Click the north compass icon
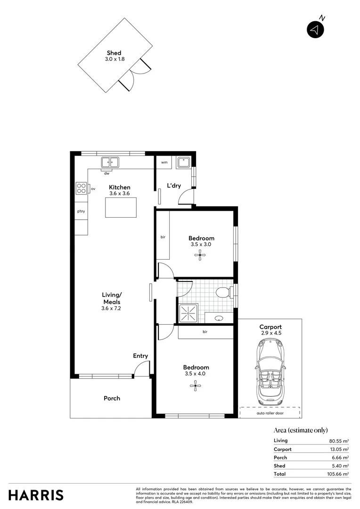coord(316,30)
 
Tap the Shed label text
coord(114,53)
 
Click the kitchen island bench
coord(121,207)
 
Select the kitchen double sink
coord(110,162)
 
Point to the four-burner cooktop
coord(81,189)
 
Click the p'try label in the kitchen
coord(81,211)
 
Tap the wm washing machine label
coord(164,162)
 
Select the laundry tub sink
coord(182,163)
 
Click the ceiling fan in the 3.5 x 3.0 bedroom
coord(201,256)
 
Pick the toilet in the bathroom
coord(223,293)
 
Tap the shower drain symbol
coord(188,312)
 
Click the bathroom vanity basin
coord(219,319)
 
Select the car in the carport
coord(270,372)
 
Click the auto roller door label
coord(270,413)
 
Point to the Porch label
coord(112,398)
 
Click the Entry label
coord(140,356)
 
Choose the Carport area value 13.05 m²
coord(339,449)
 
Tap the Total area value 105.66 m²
coord(338,474)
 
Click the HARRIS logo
coord(36,495)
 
